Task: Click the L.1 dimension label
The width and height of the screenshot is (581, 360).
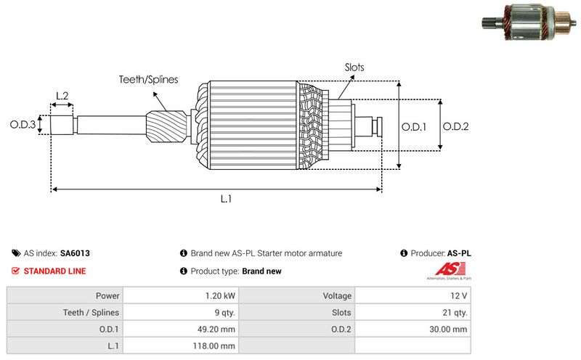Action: (226, 198)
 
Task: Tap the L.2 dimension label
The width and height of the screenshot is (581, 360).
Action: (62, 96)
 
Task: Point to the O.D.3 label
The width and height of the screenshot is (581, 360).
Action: (23, 125)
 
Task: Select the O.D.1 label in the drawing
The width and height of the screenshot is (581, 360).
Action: (414, 126)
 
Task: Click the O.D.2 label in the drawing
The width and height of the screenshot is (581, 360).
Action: (455, 126)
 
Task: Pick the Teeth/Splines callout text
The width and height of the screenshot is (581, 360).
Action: (148, 80)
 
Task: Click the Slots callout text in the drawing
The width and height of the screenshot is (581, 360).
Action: (354, 67)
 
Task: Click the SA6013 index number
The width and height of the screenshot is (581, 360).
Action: (75, 253)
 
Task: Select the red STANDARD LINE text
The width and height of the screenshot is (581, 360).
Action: (54, 271)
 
